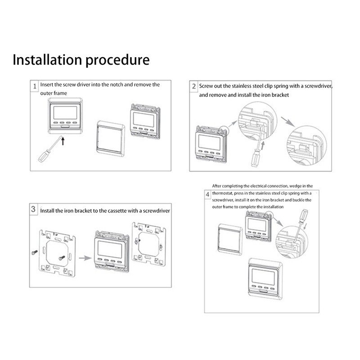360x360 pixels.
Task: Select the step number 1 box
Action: pyautogui.click(x=34, y=86)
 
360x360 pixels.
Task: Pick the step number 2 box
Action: pyautogui.click(x=194, y=86)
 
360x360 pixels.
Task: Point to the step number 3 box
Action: pyautogui.click(x=34, y=209)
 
